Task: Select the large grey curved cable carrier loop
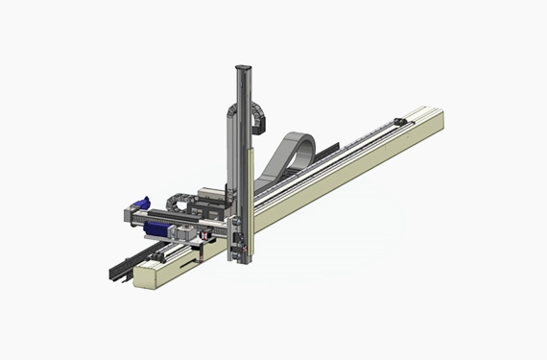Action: coord(297,154)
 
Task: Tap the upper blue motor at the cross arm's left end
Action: coord(140,204)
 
